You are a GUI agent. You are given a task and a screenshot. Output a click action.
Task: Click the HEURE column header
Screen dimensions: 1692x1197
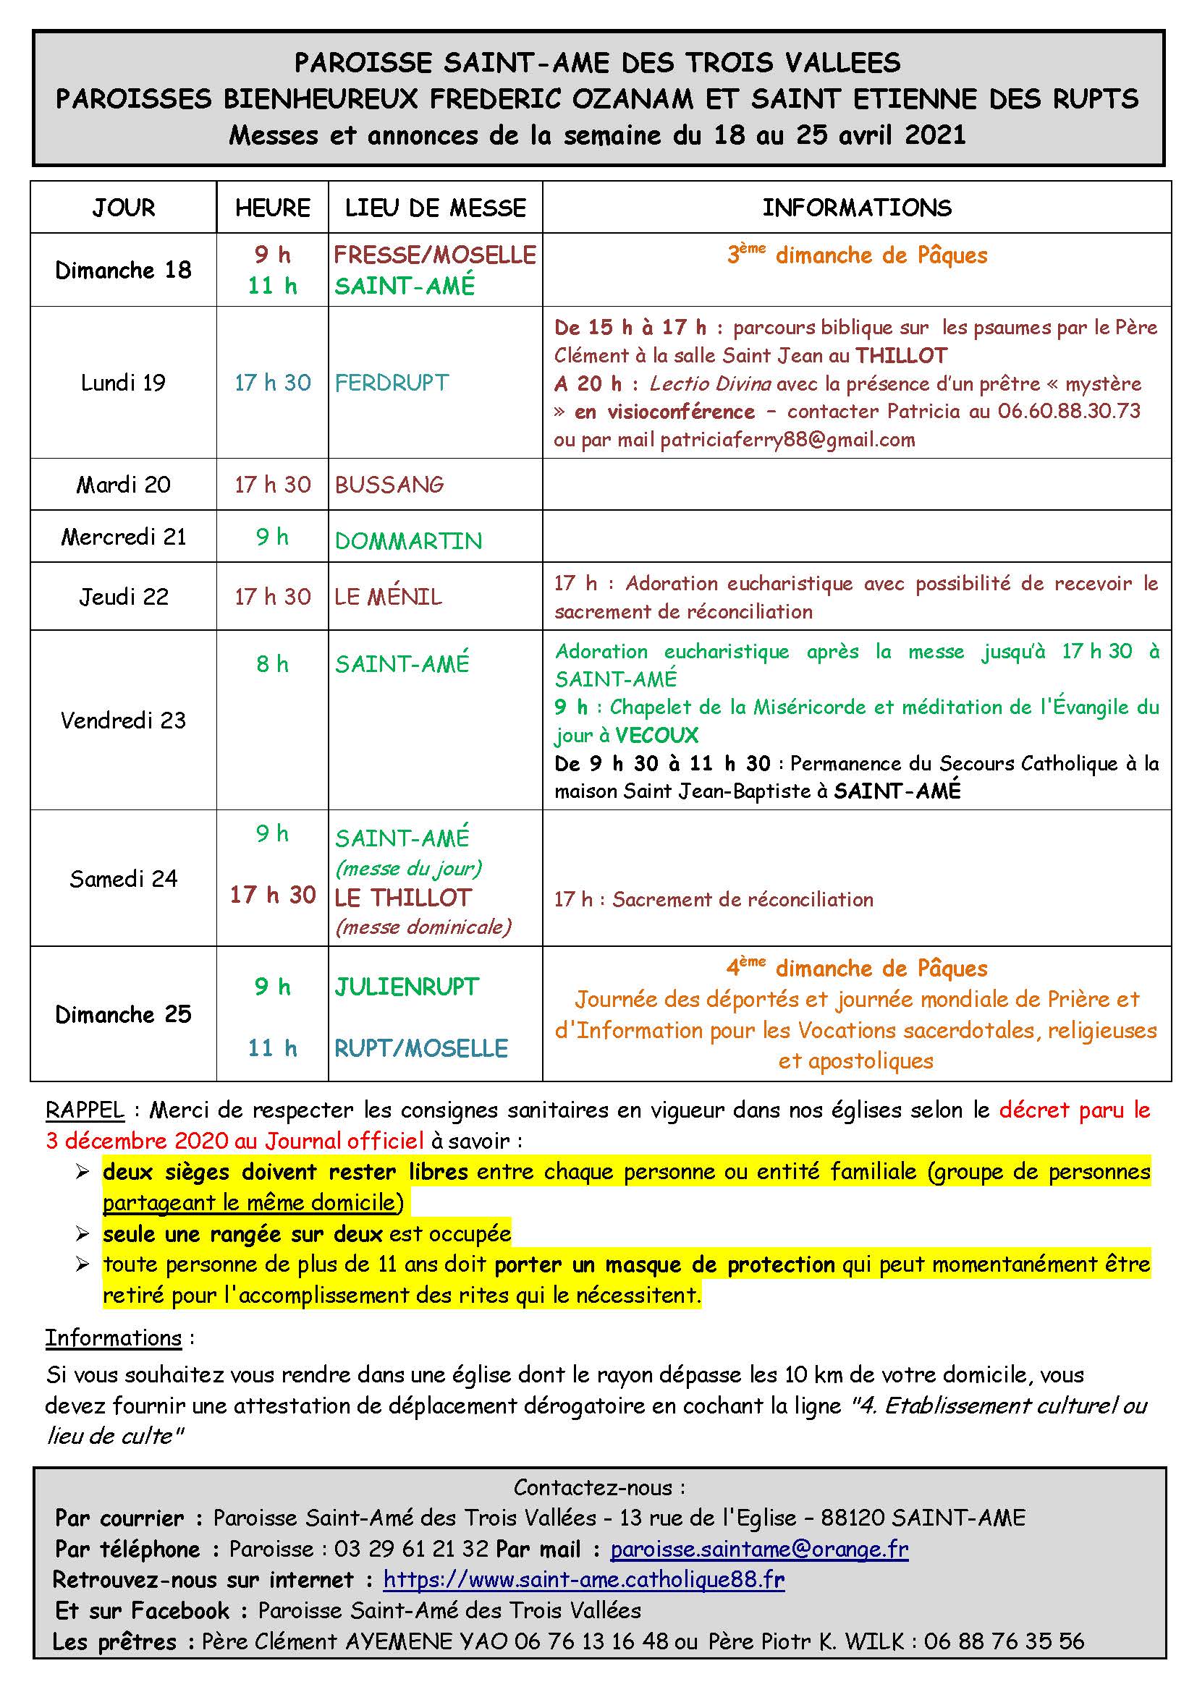click(x=272, y=208)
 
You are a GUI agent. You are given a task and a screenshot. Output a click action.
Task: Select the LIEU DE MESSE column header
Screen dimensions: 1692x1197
click(x=436, y=208)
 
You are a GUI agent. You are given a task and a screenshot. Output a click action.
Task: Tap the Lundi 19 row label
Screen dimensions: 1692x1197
click(x=123, y=383)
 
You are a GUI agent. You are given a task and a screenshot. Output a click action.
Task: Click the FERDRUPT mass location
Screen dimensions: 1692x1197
click(x=392, y=383)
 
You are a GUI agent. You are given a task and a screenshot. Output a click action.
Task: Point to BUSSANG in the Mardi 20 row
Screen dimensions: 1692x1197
click(x=389, y=484)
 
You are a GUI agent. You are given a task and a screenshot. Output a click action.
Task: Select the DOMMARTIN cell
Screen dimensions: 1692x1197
click(x=408, y=541)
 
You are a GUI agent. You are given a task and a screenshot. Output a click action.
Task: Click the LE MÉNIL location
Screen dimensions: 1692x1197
click(x=388, y=596)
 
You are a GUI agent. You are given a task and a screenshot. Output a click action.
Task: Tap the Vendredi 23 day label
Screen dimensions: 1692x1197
click(x=123, y=720)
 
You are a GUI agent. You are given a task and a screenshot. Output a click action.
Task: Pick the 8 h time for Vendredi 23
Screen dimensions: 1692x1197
click(x=272, y=664)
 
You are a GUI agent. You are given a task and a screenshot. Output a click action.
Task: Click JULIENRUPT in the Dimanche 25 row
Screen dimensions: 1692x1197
click(x=407, y=987)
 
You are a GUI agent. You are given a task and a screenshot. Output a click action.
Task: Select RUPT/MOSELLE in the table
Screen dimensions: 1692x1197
click(x=421, y=1048)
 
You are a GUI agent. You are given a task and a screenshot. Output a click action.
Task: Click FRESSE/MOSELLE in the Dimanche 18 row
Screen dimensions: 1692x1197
click(x=435, y=255)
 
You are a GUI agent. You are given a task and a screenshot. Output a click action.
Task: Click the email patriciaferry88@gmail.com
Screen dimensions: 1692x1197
click(x=787, y=440)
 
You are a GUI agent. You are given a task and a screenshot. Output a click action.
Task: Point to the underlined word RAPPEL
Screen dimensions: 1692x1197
click(x=85, y=1110)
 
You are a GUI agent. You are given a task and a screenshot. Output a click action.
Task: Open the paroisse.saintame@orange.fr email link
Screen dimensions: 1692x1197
click(x=759, y=1549)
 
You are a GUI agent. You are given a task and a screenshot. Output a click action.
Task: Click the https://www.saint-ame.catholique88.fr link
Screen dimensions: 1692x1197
click(x=584, y=1579)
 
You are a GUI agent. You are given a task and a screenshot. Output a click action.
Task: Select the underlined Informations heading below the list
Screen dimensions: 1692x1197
click(x=114, y=1338)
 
